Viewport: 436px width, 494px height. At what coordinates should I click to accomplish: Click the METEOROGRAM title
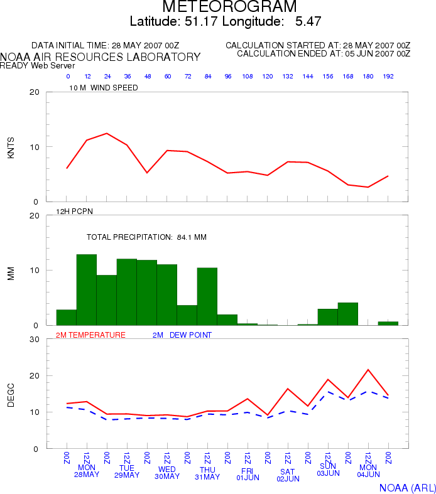click(x=229, y=6)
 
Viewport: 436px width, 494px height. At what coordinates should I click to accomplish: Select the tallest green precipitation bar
click(x=86, y=289)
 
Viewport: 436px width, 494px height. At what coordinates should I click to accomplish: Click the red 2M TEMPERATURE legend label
click(x=90, y=335)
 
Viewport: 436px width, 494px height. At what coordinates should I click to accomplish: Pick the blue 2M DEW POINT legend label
click(x=182, y=335)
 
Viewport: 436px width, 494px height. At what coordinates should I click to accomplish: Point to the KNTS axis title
click(x=11, y=148)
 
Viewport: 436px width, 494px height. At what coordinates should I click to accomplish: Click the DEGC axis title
click(x=11, y=395)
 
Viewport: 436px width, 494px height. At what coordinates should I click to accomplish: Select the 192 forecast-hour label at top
click(x=388, y=76)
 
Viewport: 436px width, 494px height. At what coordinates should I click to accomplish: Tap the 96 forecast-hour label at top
click(x=228, y=76)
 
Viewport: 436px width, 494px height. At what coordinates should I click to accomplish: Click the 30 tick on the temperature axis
click(x=35, y=340)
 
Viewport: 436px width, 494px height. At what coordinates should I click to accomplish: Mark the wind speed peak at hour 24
click(x=107, y=133)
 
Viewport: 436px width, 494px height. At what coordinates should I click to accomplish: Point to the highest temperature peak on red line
click(x=368, y=370)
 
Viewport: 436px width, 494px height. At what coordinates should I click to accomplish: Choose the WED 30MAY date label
click(x=167, y=473)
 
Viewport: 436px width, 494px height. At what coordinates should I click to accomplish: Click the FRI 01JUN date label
click(x=248, y=474)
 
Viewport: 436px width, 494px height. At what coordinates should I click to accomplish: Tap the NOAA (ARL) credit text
click(x=407, y=488)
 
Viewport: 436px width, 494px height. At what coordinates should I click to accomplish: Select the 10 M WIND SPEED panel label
click(x=104, y=88)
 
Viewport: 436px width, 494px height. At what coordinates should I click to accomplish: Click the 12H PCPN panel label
click(x=74, y=211)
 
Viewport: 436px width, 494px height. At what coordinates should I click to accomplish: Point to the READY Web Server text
click(x=37, y=65)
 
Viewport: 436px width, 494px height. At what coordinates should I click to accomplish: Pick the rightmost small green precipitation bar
click(x=388, y=323)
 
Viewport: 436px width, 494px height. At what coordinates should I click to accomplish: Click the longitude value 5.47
click(x=308, y=21)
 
